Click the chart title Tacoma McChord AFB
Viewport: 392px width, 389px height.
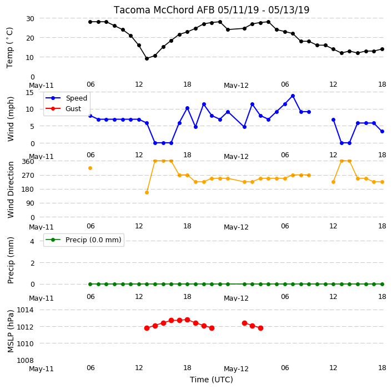[164, 10]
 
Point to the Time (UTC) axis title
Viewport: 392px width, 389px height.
[211, 380]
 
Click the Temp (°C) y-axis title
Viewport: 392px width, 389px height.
[9, 48]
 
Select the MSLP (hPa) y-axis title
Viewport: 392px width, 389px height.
[10, 331]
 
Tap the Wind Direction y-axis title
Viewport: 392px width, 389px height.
[11, 189]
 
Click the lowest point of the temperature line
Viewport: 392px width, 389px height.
[147, 58]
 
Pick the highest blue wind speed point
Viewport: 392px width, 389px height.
[293, 96]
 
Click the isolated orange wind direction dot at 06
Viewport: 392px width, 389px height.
[91, 168]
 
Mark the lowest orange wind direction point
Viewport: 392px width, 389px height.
[147, 192]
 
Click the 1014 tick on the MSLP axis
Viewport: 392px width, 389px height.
[25, 310]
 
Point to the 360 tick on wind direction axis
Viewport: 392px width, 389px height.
[28, 162]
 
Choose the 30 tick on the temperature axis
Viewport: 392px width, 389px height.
[30, 18]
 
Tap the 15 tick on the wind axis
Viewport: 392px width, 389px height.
[30, 93]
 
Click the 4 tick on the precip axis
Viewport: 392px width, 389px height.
[32, 241]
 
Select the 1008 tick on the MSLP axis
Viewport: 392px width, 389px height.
[25, 361]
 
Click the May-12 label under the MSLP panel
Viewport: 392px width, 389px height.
[236, 369]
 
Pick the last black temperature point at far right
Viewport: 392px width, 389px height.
[382, 49]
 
